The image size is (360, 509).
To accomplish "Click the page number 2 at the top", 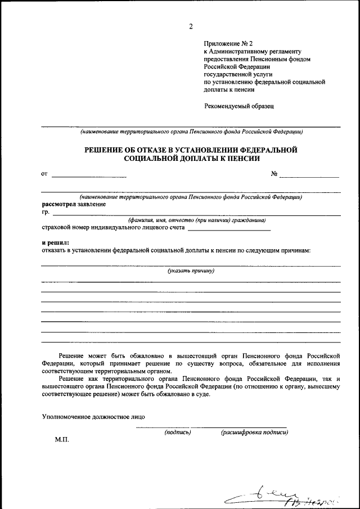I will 191,26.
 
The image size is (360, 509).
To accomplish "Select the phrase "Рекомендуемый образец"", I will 238,105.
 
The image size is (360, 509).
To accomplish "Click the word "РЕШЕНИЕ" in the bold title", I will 107,150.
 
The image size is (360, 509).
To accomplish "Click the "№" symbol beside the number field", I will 274,174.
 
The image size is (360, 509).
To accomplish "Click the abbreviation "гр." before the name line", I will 46,212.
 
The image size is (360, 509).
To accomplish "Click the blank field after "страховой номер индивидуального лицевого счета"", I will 229,228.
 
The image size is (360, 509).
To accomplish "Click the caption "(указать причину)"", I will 191,271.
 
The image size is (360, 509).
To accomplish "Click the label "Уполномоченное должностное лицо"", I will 93,417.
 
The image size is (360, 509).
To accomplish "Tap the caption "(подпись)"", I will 178,433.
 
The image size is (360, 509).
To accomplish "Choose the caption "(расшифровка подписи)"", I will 254,433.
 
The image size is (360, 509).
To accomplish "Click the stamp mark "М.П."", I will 62,439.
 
